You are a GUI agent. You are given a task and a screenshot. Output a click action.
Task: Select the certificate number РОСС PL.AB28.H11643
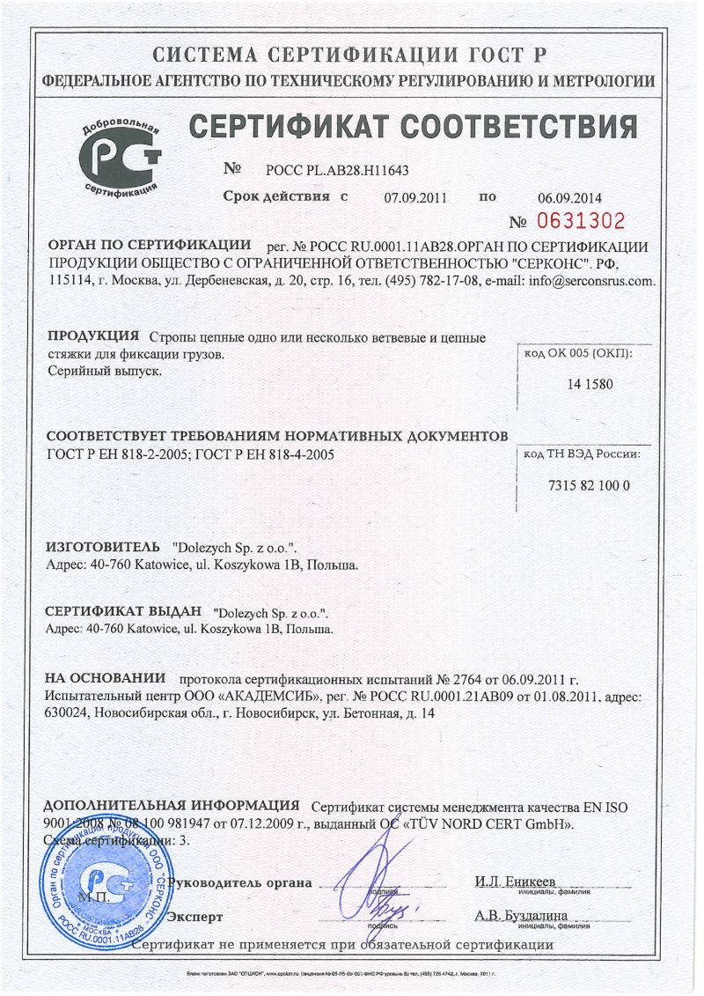[331, 170]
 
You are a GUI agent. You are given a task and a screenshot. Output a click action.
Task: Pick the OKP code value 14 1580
[590, 384]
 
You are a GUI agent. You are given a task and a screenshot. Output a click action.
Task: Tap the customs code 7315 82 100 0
[589, 486]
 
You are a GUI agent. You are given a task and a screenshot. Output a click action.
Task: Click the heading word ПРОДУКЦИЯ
[93, 336]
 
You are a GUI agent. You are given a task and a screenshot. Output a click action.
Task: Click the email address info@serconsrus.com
[590, 282]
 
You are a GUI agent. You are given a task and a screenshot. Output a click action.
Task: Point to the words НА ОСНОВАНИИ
[106, 679]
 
